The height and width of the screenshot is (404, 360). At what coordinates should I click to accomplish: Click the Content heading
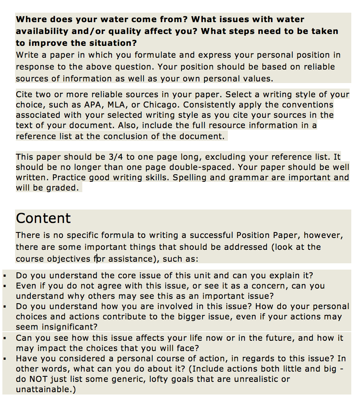43,218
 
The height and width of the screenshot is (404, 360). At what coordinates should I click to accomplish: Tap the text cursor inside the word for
97,259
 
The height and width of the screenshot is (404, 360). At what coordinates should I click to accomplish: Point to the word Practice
68,177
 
